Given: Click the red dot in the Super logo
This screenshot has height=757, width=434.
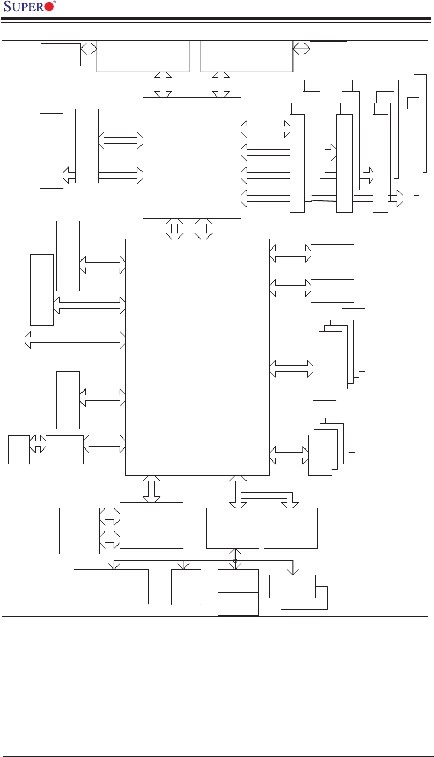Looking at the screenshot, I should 49,7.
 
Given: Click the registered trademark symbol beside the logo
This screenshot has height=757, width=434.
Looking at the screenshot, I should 55,3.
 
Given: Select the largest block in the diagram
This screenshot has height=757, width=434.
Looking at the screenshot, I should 197,357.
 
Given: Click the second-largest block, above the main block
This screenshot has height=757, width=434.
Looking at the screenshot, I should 192,158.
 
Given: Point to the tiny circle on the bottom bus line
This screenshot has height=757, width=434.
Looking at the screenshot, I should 235,561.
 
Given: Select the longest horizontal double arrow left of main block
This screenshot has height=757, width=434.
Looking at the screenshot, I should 75,340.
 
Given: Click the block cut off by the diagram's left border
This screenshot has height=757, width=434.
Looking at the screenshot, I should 13,314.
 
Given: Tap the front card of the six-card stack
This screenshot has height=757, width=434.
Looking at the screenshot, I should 324,369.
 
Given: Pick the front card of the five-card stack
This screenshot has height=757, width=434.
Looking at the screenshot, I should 320,455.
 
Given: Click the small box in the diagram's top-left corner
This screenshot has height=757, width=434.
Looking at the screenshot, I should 61,55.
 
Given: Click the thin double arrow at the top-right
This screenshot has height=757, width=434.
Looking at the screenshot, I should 301,49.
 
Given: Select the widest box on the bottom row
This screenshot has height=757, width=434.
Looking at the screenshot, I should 111,586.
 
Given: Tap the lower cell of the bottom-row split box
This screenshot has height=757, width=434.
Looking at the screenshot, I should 238,604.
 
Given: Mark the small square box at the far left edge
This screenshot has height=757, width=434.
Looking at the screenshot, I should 19,450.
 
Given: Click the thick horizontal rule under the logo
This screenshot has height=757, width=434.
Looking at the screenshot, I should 217,19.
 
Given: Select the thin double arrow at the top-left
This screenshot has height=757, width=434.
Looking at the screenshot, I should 89,49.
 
